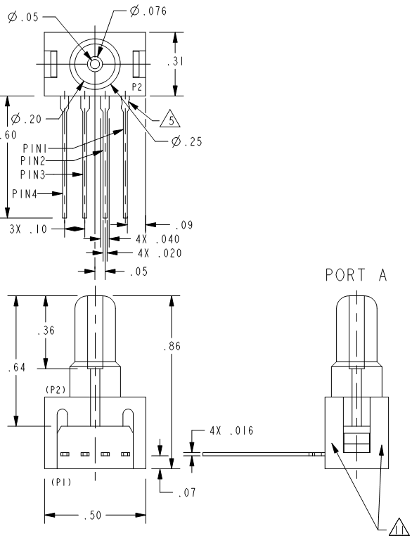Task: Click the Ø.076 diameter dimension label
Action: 148,11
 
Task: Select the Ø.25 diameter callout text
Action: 187,141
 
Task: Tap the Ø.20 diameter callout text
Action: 26,119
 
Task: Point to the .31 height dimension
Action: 175,61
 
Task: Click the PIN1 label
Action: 35,148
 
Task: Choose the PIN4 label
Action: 25,193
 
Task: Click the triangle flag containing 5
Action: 170,119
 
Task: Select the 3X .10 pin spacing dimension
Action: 28,229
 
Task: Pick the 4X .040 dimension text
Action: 158,239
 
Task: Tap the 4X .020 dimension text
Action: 160,253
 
